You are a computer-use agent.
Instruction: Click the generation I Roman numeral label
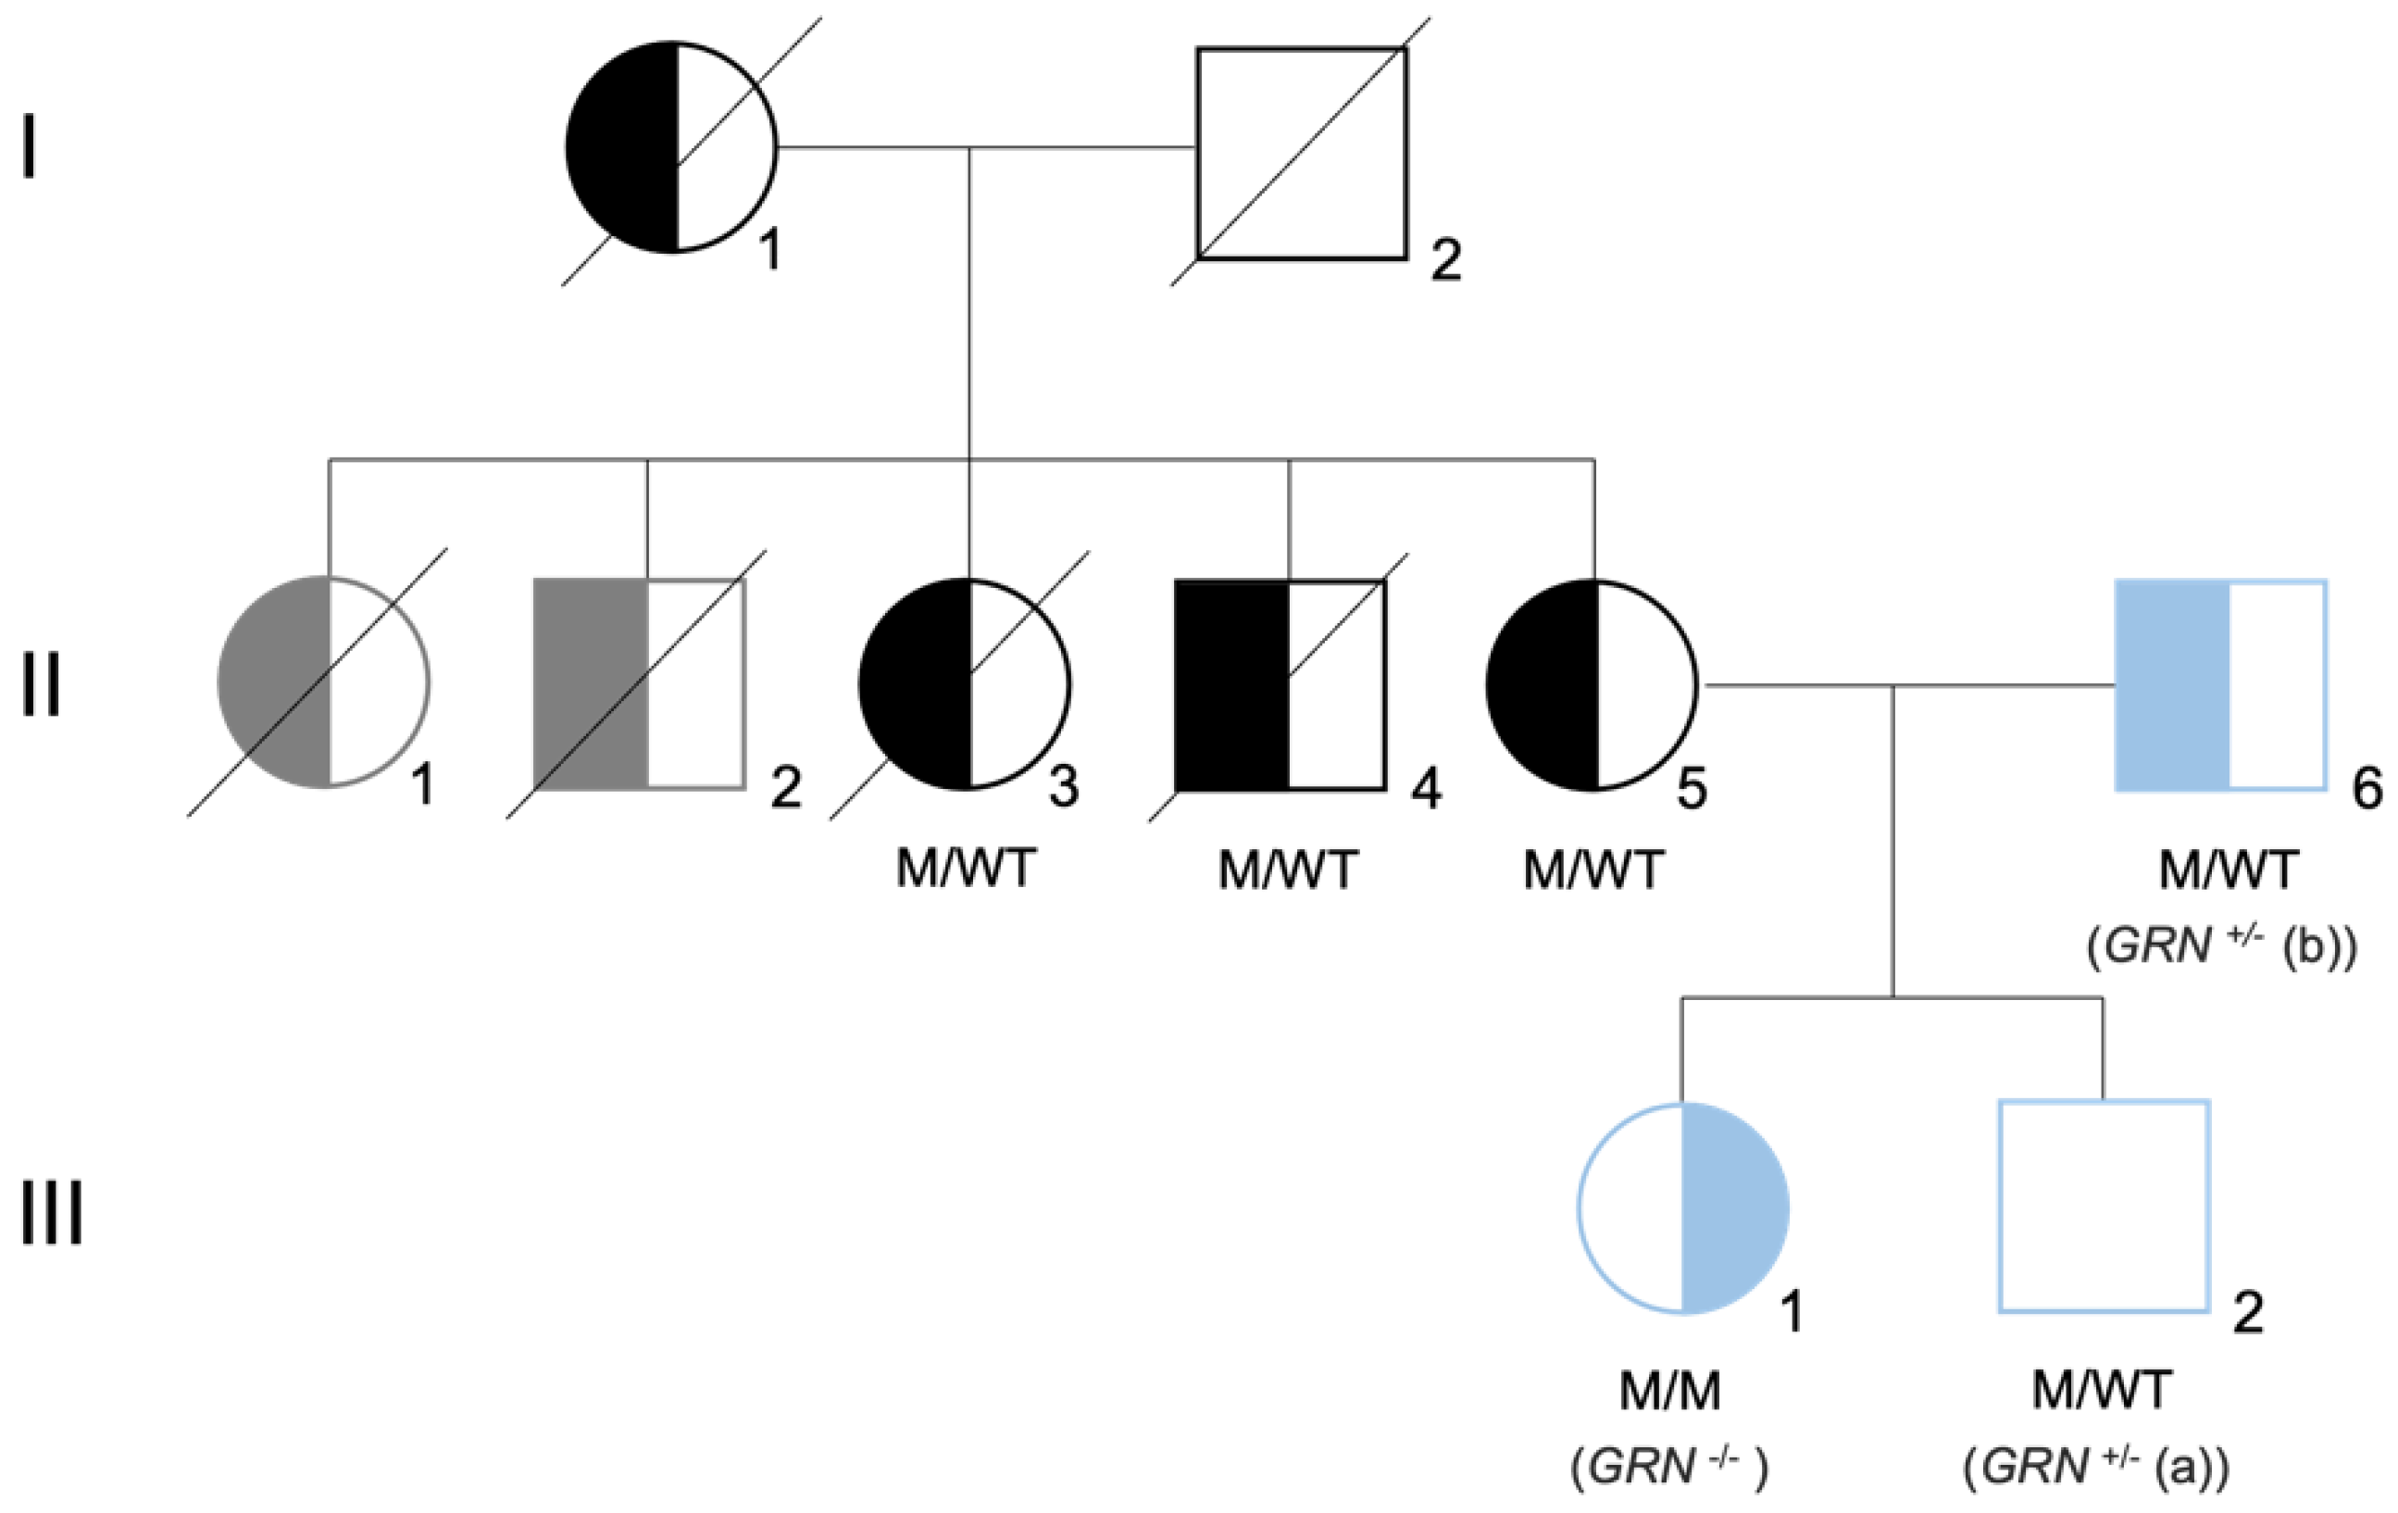[x=30, y=146]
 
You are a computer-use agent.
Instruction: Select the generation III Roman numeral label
[x=52, y=1214]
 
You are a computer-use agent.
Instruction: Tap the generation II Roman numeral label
[x=41, y=685]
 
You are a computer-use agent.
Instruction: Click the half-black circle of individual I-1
[x=671, y=147]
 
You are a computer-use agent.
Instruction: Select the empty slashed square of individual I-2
[x=1302, y=154]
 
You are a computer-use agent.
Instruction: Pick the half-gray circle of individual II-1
[x=324, y=682]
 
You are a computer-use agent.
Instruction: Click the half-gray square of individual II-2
[x=640, y=683]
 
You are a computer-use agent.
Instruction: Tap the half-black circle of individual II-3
[x=965, y=684]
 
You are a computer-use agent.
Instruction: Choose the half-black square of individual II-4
[x=1280, y=684]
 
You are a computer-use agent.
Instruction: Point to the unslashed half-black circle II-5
[x=1592, y=685]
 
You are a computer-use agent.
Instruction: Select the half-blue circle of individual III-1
[x=1684, y=1209]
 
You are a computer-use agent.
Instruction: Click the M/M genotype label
[x=1670, y=1391]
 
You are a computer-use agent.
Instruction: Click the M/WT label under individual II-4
[x=1288, y=870]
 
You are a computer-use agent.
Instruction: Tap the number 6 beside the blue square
[x=2367, y=790]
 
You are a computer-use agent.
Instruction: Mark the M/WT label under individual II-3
[x=966, y=869]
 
